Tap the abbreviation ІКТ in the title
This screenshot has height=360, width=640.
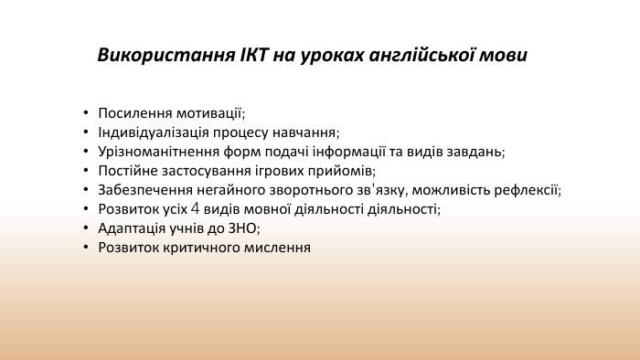coord(250,55)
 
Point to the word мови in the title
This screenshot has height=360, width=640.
coord(507,55)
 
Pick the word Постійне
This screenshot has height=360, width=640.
coord(128,171)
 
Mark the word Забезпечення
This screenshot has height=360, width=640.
coord(142,190)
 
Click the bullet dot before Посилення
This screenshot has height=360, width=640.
coord(86,113)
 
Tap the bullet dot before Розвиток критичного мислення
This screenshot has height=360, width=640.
coord(86,248)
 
